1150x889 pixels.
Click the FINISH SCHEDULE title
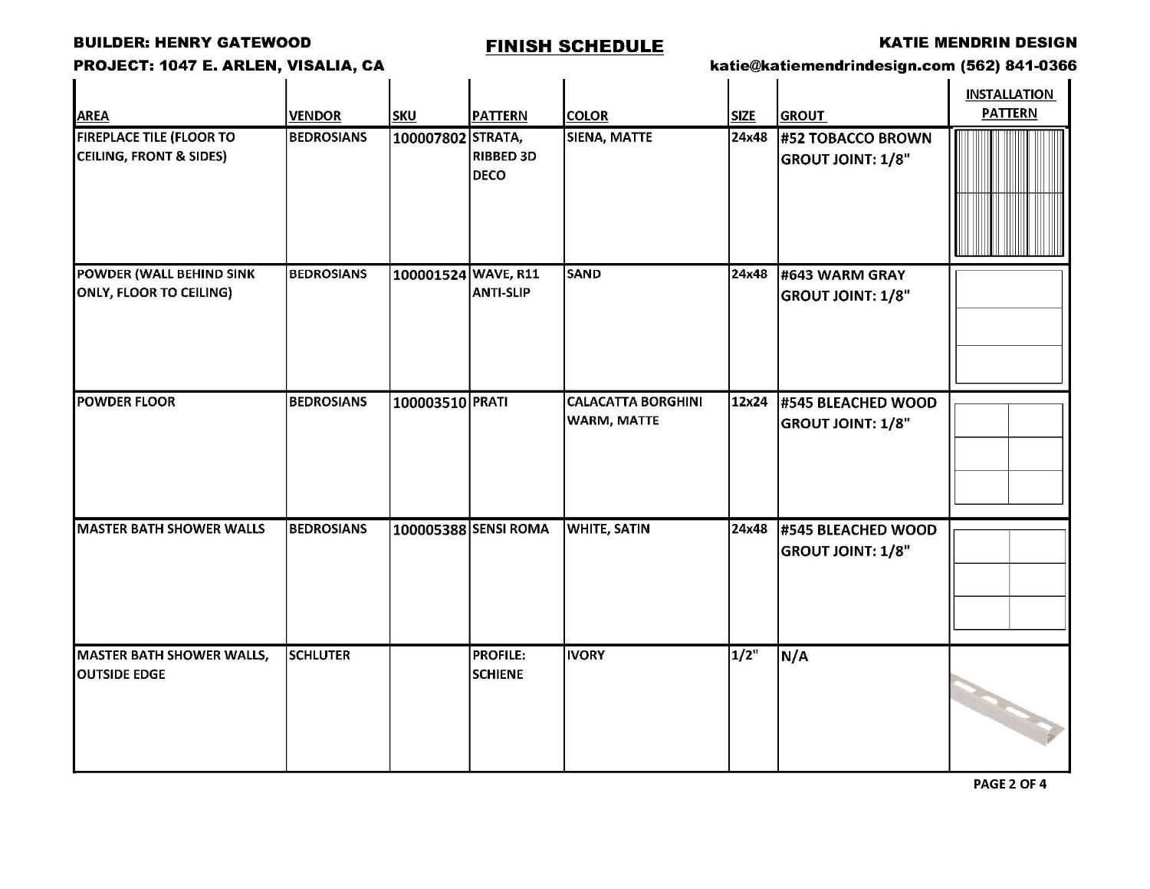574,46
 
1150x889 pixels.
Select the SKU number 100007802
429,139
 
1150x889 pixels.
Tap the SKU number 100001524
429,275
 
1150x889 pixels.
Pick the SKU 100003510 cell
429,403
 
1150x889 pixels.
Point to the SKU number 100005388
429,530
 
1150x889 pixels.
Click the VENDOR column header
314,116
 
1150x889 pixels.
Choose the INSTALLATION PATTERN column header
1009,104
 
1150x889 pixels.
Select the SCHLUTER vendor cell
319,655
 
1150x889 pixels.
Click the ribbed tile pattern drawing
1009,193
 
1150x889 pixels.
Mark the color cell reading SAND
584,274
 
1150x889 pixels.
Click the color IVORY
586,655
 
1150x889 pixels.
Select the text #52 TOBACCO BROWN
856,139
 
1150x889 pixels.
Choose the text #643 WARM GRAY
843,275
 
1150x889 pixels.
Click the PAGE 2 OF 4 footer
1009,784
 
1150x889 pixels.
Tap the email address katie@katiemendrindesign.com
833,66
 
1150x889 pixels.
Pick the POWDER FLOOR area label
126,402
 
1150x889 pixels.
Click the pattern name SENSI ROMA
511,529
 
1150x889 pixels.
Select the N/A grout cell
794,657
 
